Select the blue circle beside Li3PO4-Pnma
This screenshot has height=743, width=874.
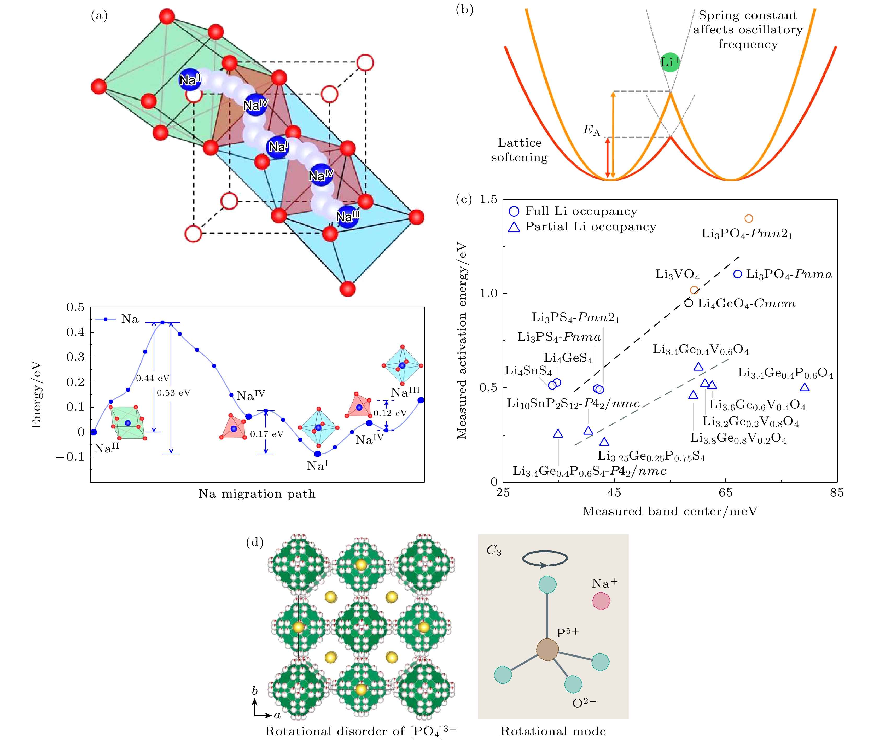738,274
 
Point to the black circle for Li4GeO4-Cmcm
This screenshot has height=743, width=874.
689,303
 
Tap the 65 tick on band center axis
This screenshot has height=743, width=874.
725,492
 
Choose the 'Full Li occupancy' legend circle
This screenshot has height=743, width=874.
514,211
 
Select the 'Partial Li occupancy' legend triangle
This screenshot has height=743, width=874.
514,227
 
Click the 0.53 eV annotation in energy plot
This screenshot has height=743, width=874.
173,393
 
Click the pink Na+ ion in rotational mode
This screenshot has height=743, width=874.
601,601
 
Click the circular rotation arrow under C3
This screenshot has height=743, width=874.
545,559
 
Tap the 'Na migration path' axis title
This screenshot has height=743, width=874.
257,494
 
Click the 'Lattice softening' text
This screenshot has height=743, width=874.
519,150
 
